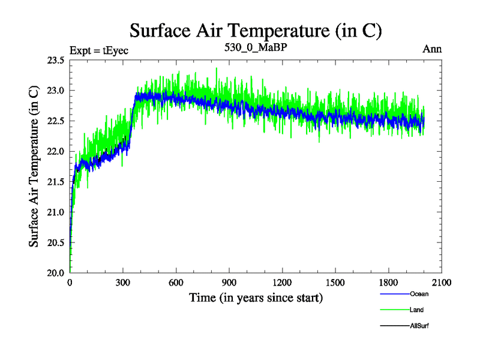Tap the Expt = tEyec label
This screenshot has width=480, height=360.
click(99, 50)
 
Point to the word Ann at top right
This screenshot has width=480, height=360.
click(432, 49)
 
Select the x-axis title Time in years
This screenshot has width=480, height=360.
click(256, 298)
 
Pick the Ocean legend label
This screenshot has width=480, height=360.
click(419, 294)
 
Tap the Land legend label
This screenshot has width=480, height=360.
click(417, 310)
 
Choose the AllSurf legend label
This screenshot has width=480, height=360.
click(419, 325)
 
